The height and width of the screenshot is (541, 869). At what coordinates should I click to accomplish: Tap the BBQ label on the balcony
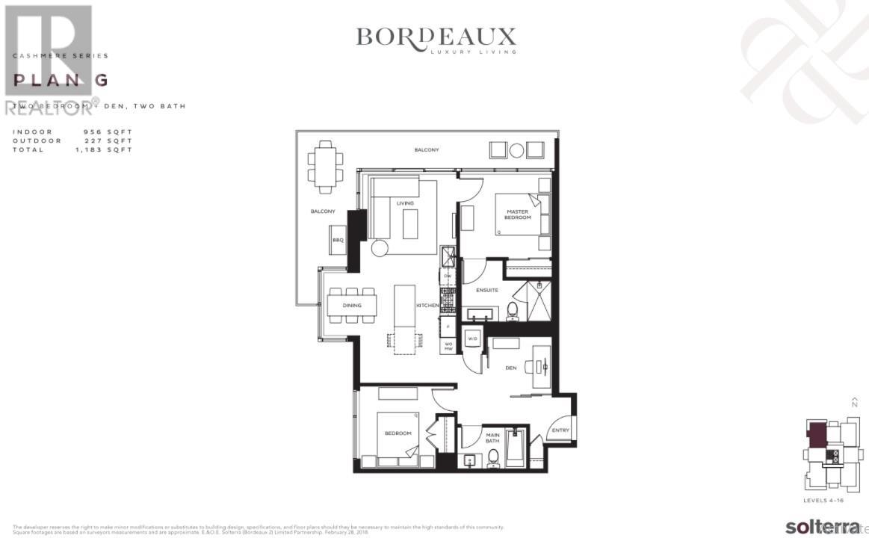coord(337,240)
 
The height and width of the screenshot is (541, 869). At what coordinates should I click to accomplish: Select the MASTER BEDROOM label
coord(516,214)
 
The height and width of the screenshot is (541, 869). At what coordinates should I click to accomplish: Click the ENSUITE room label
coord(487,290)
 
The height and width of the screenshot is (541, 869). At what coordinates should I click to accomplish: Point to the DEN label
coord(511,367)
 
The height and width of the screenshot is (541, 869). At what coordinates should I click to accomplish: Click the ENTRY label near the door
coord(560,430)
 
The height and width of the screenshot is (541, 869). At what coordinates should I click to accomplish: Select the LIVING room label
coord(405,203)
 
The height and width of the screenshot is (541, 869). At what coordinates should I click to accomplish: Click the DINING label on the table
coord(352,306)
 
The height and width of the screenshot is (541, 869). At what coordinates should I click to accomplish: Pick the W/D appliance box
coord(472,340)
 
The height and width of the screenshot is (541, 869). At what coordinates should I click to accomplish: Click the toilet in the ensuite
coord(513,310)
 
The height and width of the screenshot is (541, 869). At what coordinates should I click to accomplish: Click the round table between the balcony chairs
coord(516,149)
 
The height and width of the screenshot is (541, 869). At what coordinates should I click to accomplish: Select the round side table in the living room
coord(380,249)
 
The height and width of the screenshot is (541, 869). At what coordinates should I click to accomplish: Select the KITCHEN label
coord(427,306)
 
